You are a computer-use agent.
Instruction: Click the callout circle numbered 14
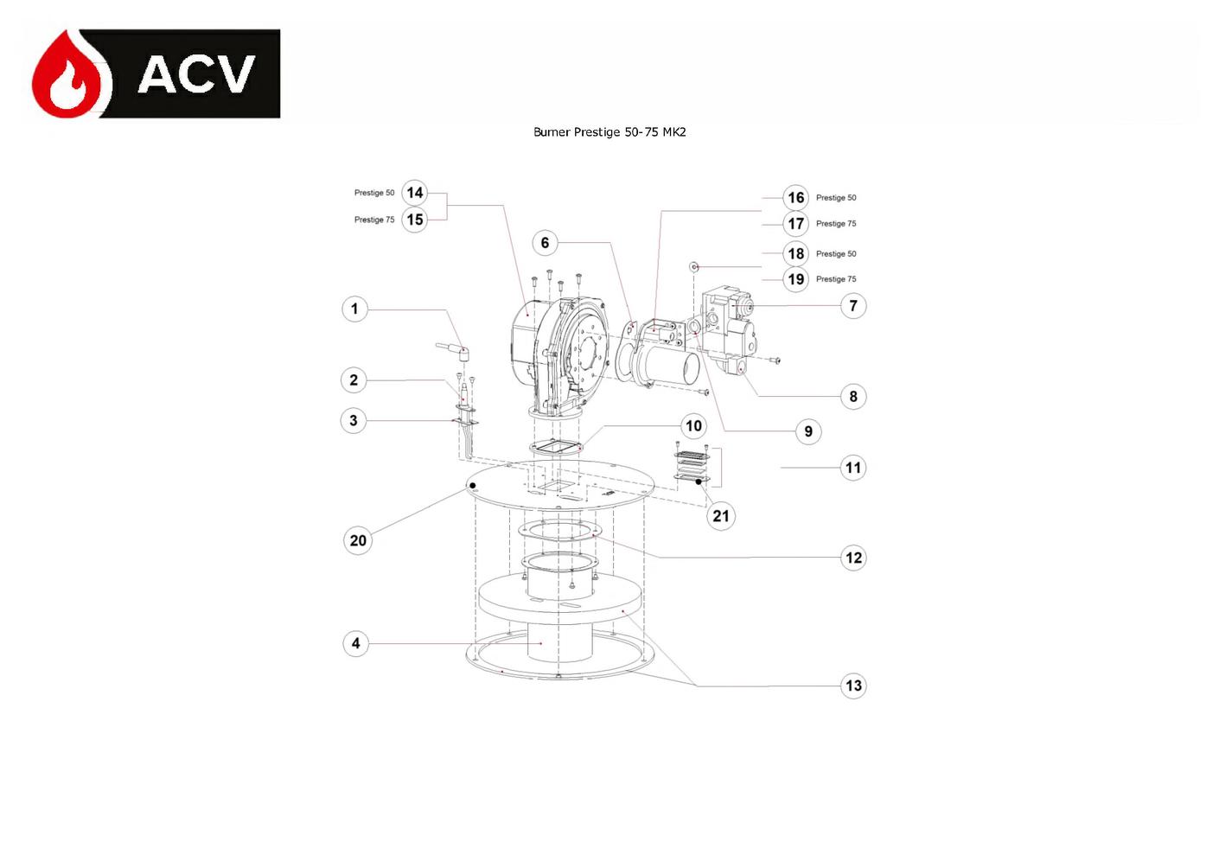(x=415, y=193)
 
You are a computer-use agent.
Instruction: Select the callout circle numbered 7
(x=852, y=306)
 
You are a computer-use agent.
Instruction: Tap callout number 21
(x=720, y=516)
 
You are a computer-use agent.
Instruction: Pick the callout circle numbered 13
(x=853, y=686)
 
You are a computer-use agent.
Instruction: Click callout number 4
(x=355, y=643)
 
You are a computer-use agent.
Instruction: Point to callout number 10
(x=693, y=425)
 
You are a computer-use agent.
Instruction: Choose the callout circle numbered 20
(x=358, y=540)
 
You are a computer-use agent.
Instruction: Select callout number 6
(x=545, y=243)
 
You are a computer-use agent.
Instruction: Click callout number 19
(x=795, y=279)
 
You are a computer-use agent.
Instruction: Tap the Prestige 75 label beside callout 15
(x=374, y=220)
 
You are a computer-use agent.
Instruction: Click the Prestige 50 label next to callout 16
(x=836, y=198)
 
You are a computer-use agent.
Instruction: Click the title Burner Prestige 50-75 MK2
(x=609, y=131)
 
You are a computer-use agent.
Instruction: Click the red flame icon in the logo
(x=71, y=74)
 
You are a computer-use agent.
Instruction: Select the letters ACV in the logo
(x=196, y=73)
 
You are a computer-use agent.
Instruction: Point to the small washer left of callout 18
(x=694, y=266)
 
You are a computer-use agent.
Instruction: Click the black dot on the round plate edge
(x=473, y=486)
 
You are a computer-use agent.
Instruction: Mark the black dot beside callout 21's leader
(x=699, y=482)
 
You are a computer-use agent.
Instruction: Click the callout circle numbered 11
(x=852, y=468)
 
